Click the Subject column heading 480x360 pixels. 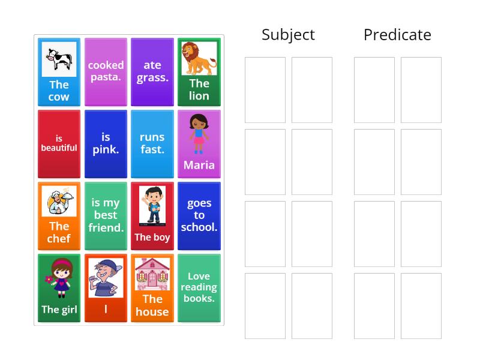[288, 35]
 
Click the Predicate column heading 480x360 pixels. [397, 35]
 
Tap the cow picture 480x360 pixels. [59, 59]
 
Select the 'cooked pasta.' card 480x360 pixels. [106, 71]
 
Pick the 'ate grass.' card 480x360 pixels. [152, 71]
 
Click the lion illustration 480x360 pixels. [199, 58]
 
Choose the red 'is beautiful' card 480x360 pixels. [59, 143]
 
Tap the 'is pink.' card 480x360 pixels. [106, 143]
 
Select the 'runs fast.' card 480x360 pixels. [152, 143]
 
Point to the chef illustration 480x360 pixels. [59, 201]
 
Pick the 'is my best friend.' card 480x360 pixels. [106, 215]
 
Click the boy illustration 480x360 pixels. [152, 206]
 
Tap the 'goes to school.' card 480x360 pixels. [199, 215]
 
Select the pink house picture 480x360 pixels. [152, 274]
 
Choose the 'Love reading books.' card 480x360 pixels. [199, 287]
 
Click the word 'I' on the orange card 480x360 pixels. [106, 309]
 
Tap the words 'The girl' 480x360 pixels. [59, 310]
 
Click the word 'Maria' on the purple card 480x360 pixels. [199, 165]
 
